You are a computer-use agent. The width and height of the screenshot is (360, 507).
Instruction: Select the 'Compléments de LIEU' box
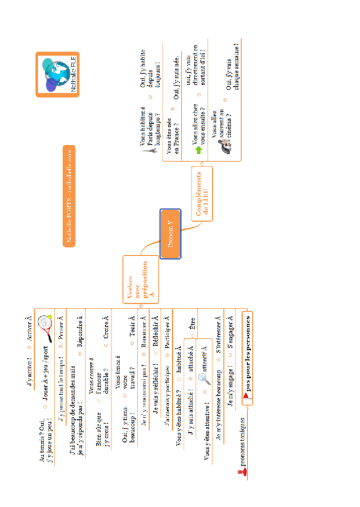pos(207,195)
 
